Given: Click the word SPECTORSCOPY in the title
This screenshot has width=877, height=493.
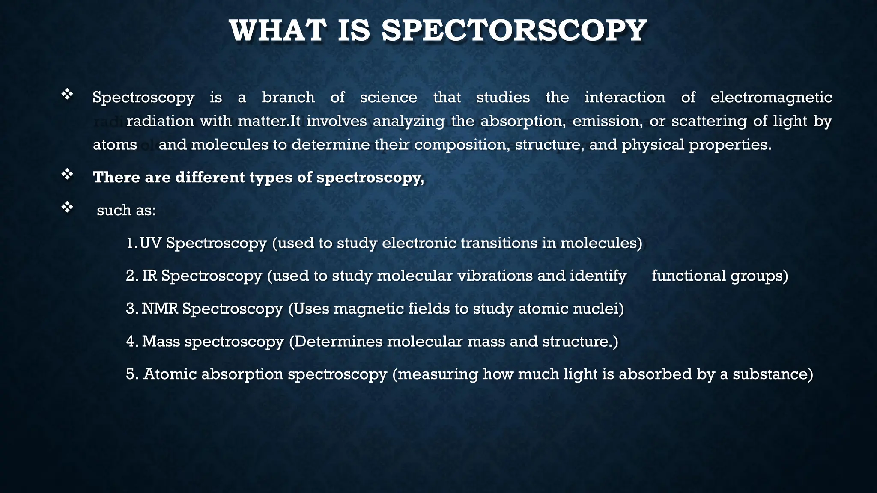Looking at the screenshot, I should [x=514, y=31].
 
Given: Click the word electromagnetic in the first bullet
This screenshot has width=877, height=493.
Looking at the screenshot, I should [x=771, y=98].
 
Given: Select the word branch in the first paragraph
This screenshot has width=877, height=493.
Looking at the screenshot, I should [x=288, y=98].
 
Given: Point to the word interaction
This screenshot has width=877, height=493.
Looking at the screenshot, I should [x=625, y=98].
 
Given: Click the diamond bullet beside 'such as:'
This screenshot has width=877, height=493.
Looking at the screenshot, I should [x=67, y=208].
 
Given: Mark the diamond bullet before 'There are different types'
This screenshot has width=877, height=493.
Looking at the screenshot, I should [x=67, y=174].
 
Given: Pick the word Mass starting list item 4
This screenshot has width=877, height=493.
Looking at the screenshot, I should [x=161, y=342].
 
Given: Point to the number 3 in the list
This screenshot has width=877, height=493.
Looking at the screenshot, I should [x=130, y=309].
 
